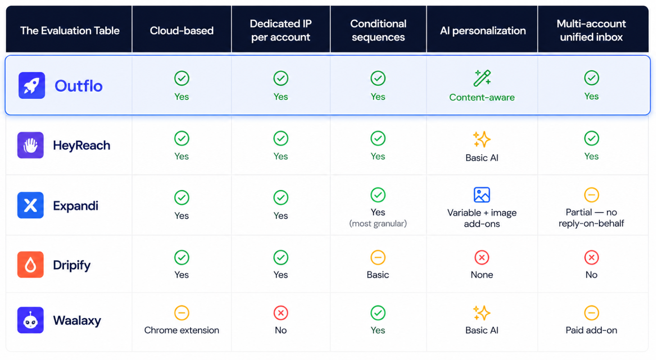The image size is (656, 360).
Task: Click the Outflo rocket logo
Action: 32,86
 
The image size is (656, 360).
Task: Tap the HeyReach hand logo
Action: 30,145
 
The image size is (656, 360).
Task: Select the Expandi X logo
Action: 30,205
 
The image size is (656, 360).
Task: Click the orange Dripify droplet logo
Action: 30,264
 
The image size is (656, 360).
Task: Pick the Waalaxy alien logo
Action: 30,320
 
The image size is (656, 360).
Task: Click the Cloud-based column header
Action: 182,30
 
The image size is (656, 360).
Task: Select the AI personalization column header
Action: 483,30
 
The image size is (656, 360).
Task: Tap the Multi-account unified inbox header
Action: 591,30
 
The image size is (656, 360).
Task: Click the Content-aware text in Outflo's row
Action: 482,97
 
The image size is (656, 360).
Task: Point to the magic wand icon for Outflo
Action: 482,78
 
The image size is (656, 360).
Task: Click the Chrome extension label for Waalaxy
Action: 182,330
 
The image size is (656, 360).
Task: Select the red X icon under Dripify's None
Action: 482,257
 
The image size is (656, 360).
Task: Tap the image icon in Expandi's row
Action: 482,195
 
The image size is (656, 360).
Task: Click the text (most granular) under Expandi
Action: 378,224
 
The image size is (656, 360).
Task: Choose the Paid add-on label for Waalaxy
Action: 591,330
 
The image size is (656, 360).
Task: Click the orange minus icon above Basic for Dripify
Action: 378,257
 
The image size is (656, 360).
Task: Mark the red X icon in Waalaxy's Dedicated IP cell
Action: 280,313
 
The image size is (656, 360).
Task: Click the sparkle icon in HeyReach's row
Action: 482,139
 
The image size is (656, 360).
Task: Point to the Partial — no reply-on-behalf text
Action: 591,218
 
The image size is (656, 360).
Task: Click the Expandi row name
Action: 75,206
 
